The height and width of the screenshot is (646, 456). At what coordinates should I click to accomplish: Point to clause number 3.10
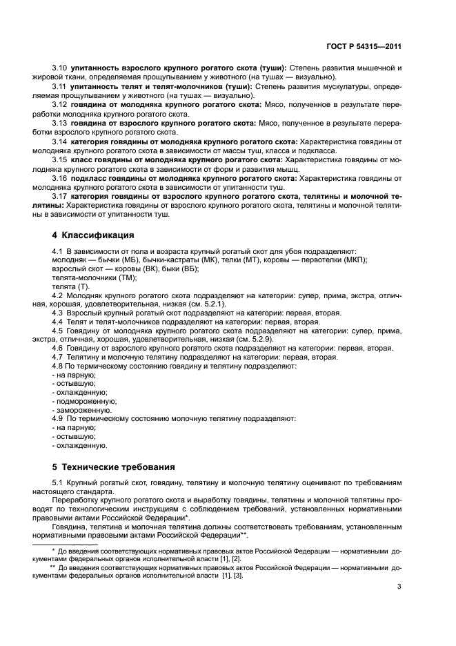[x=59, y=69]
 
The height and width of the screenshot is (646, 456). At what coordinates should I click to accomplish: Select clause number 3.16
[x=59, y=177]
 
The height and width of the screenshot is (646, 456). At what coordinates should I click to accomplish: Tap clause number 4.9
[x=59, y=419]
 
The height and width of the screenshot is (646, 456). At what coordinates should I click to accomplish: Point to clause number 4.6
[x=59, y=349]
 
